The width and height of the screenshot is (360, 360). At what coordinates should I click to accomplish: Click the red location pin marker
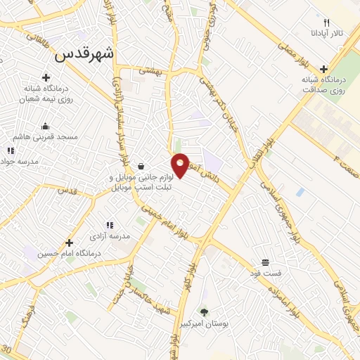pyautogui.click(x=180, y=165)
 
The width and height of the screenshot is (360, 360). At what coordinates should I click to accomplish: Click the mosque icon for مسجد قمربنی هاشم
pyautogui.click(x=46, y=126)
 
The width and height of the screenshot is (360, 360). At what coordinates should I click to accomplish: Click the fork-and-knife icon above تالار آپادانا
pyautogui.click(x=326, y=23)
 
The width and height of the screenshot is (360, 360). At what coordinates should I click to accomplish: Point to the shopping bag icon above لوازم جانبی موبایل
pyautogui.click(x=143, y=167)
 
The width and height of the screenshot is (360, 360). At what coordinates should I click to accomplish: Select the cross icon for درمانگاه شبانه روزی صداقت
pyautogui.click(x=323, y=69)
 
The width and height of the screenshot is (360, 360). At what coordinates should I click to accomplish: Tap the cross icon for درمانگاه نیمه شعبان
pyautogui.click(x=46, y=77)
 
